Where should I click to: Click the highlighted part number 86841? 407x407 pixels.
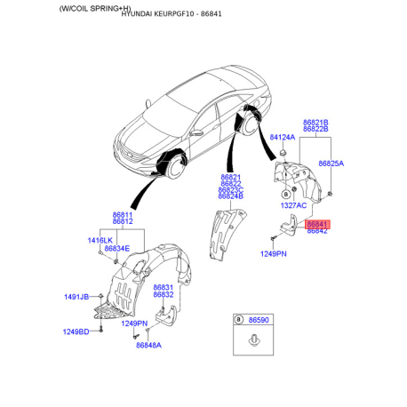(317, 224)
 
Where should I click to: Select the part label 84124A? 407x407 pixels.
(283, 137)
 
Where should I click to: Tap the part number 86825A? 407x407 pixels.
(331, 164)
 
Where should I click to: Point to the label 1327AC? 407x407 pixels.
(293, 205)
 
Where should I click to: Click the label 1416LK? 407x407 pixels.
(100, 240)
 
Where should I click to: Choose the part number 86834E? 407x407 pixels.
(117, 248)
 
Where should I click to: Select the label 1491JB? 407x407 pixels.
(76, 297)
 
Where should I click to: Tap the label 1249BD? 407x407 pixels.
(76, 331)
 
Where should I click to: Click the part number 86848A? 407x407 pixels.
(148, 345)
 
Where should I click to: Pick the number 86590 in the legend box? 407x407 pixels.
(259, 320)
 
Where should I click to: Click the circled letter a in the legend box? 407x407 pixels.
(238, 320)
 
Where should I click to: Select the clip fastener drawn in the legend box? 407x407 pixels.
(254, 340)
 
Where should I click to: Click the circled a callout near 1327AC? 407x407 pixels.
(285, 194)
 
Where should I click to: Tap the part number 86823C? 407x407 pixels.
(231, 189)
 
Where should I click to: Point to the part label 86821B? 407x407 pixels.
(315, 122)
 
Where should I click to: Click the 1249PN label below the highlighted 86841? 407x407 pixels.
(274, 254)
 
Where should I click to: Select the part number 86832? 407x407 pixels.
(164, 294)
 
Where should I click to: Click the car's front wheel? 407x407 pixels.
(175, 167)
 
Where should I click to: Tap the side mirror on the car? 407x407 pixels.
(195, 132)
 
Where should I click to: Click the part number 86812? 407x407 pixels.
(123, 221)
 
